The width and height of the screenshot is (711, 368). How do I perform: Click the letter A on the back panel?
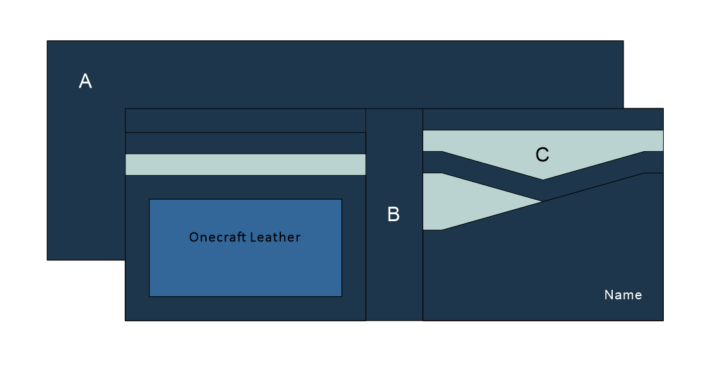tap(85, 81)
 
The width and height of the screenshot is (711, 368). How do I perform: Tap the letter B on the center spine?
tap(393, 215)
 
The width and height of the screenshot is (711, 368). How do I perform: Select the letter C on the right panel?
tap(542, 154)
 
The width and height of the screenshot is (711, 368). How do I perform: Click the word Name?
tap(623, 295)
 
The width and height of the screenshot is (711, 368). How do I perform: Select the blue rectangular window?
tap(246, 271)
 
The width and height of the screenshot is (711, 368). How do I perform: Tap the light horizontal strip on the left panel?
tap(246, 164)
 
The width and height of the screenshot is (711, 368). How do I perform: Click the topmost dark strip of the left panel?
tap(246, 120)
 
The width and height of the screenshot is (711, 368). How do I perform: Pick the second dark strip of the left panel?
tap(246, 143)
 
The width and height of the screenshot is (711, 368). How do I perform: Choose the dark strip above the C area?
tap(542, 119)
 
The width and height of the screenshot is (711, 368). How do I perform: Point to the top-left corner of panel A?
tap(47, 41)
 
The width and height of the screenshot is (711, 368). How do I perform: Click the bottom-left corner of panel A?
tap(47, 260)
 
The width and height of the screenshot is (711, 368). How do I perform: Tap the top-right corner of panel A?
tap(623, 41)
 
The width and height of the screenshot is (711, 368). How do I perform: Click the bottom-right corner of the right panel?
tap(663, 321)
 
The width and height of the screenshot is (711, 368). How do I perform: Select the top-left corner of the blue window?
tap(149, 199)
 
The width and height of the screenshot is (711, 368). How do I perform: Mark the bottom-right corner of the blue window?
tap(342, 296)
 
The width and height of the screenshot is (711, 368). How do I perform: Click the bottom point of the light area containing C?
tap(543, 180)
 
